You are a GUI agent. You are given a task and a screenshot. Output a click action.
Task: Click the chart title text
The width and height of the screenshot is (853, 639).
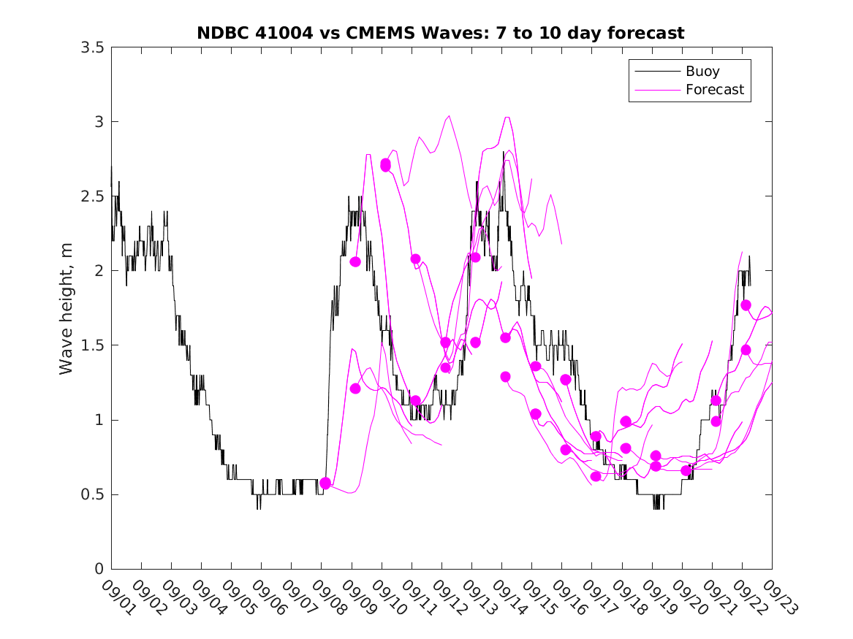coord(441,33)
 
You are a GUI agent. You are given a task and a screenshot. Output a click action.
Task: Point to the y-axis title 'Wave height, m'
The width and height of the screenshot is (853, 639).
coord(67,309)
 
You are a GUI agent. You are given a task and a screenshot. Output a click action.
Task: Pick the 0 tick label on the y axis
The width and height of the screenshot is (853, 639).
coord(98,569)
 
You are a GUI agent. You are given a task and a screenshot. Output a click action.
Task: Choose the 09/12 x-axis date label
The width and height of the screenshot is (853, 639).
coord(446,598)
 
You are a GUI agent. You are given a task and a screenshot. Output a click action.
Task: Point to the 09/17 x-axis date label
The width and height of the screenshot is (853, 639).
coord(596,598)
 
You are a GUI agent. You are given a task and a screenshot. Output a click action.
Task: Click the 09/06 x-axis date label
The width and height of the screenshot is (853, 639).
coord(266,598)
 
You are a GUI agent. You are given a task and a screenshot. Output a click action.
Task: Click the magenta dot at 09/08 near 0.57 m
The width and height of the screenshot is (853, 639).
coord(325,483)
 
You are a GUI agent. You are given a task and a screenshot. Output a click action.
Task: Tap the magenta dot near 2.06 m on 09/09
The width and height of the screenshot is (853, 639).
coord(355,261)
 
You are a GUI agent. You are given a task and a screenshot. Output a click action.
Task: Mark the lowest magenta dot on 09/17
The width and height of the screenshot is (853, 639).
coord(596,476)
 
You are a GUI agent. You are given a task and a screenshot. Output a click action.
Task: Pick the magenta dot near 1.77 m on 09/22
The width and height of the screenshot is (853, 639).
coord(746,305)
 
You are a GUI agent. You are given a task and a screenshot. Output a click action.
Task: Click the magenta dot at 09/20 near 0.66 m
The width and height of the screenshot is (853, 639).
coord(686,470)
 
